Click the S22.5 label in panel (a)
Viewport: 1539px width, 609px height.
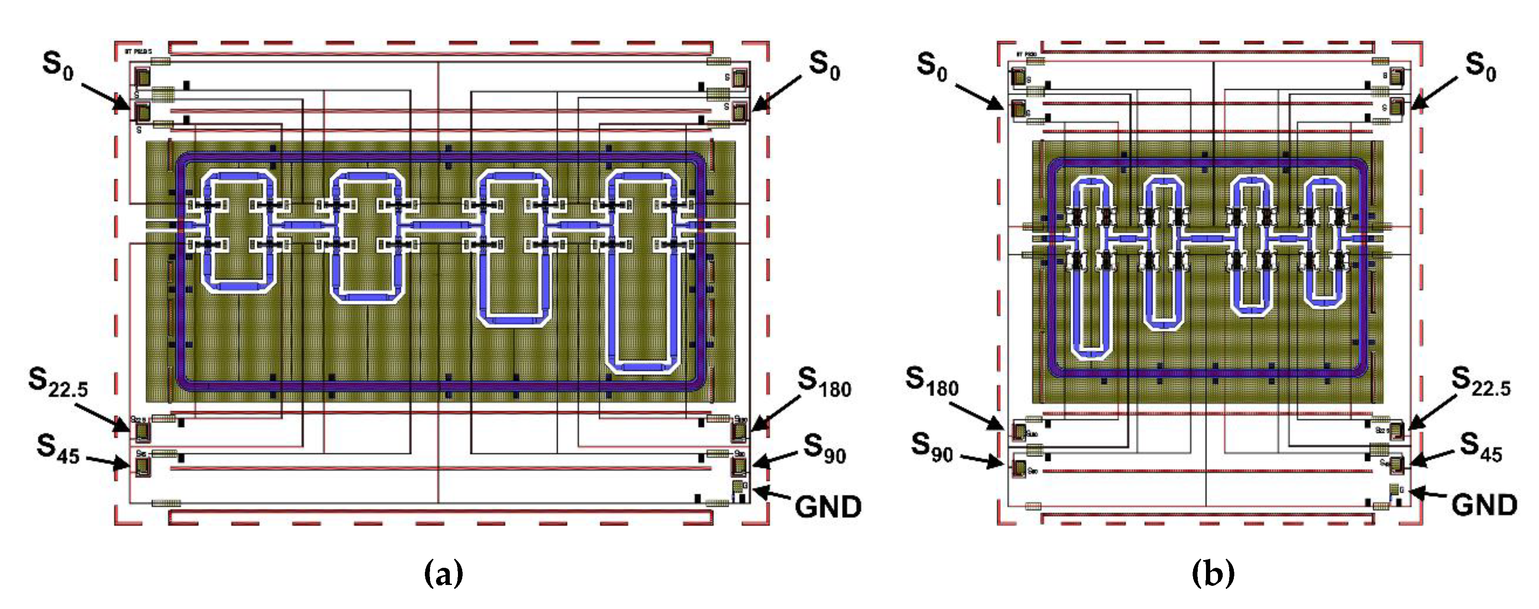[58, 382]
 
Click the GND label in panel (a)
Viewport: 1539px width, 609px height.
[827, 507]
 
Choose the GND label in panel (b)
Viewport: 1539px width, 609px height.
[1484, 506]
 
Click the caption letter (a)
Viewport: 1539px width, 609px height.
[443, 574]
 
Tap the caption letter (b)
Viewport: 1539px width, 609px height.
[1213, 574]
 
